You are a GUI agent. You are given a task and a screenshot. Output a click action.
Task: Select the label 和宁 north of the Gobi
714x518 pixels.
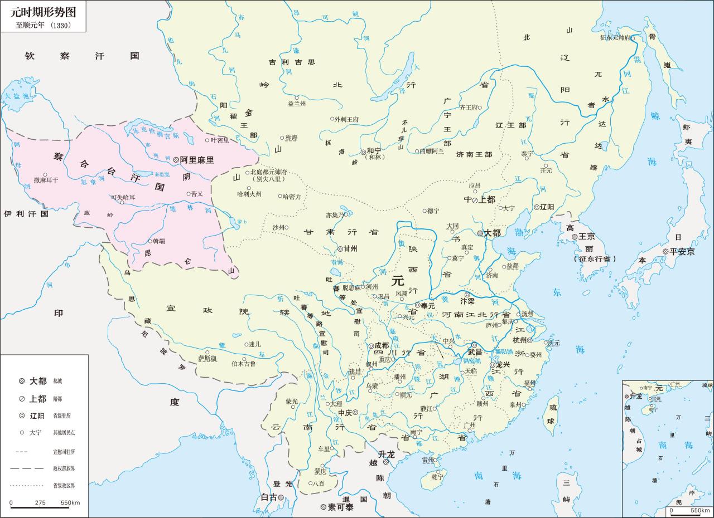(x=374, y=151)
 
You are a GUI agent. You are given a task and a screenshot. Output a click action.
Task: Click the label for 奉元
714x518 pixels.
(x=428, y=305)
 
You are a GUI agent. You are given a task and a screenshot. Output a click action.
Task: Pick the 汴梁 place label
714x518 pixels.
(x=467, y=301)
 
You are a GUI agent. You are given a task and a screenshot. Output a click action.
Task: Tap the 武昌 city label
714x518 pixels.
(x=475, y=352)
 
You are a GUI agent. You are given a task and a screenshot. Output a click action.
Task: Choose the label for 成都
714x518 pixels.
(x=382, y=345)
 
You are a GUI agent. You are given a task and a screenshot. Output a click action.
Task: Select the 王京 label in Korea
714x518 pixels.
(x=587, y=237)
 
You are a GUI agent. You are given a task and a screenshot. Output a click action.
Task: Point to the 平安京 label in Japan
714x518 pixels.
(x=682, y=252)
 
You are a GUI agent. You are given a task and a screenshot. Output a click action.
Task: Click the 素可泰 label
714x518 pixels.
(x=340, y=507)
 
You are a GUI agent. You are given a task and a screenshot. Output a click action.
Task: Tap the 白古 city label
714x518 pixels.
(x=269, y=497)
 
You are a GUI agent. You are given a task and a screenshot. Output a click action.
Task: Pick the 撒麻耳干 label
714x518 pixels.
(x=45, y=180)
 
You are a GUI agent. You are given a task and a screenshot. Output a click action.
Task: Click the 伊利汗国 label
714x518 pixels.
(x=26, y=213)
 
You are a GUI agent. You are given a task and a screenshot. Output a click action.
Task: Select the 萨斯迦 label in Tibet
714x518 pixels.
(x=207, y=359)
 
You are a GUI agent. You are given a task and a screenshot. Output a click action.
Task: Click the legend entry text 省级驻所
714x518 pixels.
(x=62, y=416)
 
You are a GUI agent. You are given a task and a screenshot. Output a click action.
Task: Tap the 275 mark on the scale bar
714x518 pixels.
(x=40, y=502)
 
